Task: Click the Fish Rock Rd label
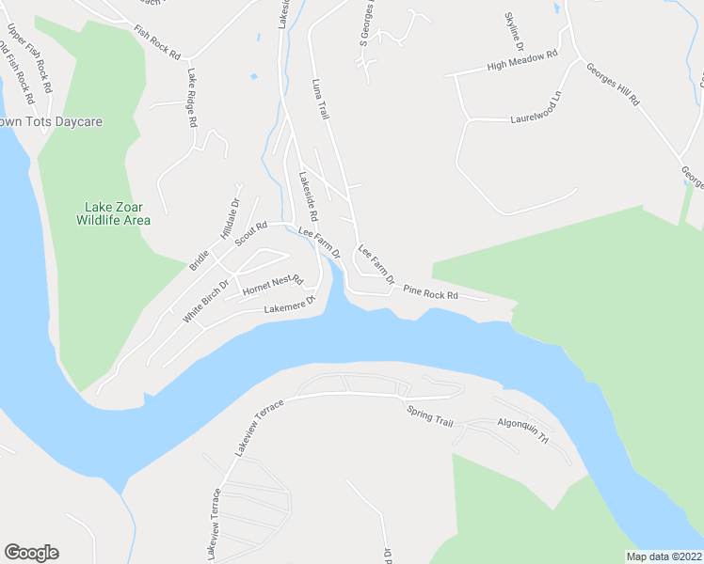(x=156, y=43)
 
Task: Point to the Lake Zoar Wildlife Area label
(x=118, y=213)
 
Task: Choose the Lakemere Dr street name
(x=288, y=307)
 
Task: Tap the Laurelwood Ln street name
(x=541, y=117)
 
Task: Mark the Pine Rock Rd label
(x=430, y=293)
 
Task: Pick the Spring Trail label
(x=429, y=415)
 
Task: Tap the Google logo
(x=31, y=553)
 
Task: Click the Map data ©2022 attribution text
(x=664, y=556)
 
